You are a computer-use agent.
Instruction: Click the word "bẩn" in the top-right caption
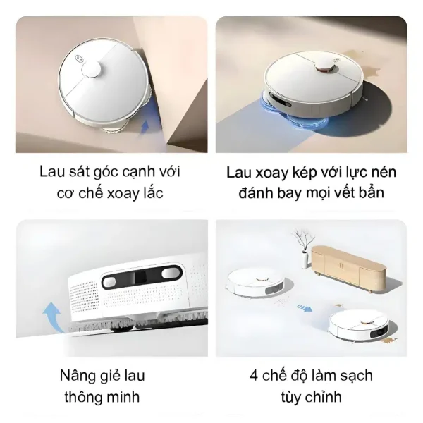pos(369,192)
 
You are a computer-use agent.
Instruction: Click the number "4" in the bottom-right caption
pos(252,374)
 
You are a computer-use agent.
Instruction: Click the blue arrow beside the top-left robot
pos(145,128)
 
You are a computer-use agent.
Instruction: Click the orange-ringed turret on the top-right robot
pos(325,67)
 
